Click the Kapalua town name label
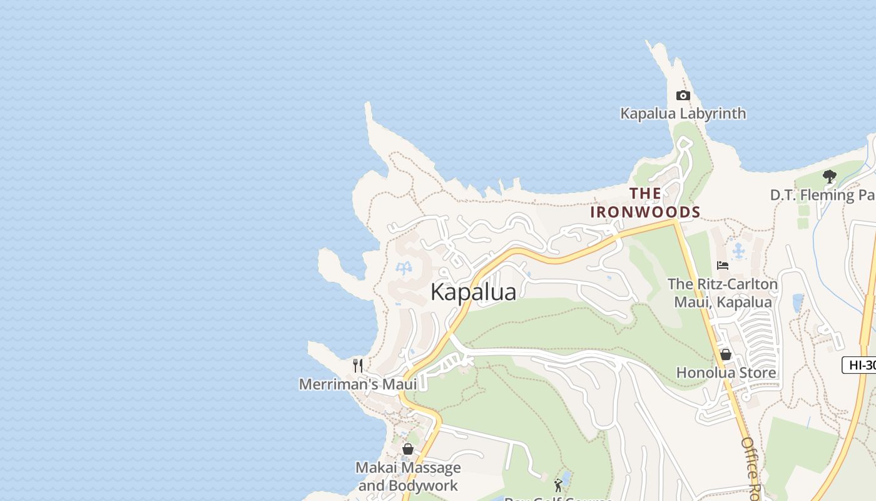[474, 292]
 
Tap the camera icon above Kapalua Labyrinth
[683, 96]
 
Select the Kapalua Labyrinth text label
[683, 113]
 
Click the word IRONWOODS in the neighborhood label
[645, 212]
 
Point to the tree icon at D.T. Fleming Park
[830, 177]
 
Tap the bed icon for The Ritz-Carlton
[723, 265]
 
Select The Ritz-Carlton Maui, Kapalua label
[723, 293]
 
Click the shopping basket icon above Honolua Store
[726, 354]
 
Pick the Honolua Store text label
[726, 373]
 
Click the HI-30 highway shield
[860, 365]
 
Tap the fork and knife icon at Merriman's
[358, 365]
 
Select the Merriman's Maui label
[358, 384]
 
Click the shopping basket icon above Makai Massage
[408, 449]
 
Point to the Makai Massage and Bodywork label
[408, 476]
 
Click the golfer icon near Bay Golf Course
[558, 485]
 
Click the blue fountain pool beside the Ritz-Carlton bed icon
[740, 251]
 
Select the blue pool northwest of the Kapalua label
[404, 269]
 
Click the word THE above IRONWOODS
[645, 193]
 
